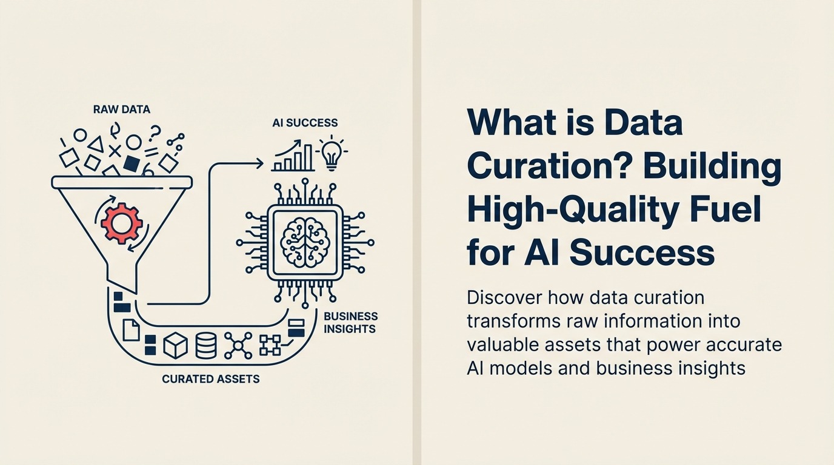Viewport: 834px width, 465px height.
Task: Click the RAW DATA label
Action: tap(122, 110)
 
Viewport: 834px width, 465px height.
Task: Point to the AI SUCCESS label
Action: tap(305, 123)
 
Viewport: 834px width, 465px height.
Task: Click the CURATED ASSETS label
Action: tap(211, 379)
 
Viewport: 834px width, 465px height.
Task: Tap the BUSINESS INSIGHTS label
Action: tap(350, 323)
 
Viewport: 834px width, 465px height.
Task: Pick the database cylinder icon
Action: tap(206, 345)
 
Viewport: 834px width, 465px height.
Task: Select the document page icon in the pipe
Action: tap(132, 330)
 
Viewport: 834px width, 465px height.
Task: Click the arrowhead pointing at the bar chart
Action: tap(259, 162)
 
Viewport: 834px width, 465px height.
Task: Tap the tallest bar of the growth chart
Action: tap(308, 158)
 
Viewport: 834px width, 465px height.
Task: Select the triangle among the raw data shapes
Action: tap(95, 144)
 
